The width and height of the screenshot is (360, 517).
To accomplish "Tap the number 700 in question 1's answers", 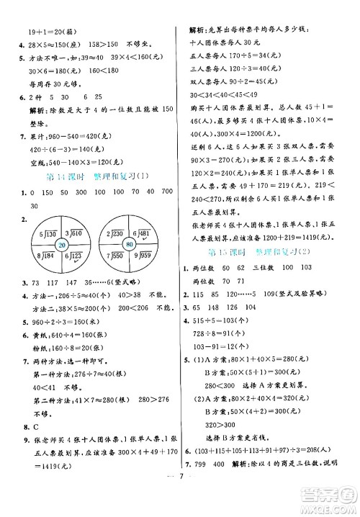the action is (x=165, y=193).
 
